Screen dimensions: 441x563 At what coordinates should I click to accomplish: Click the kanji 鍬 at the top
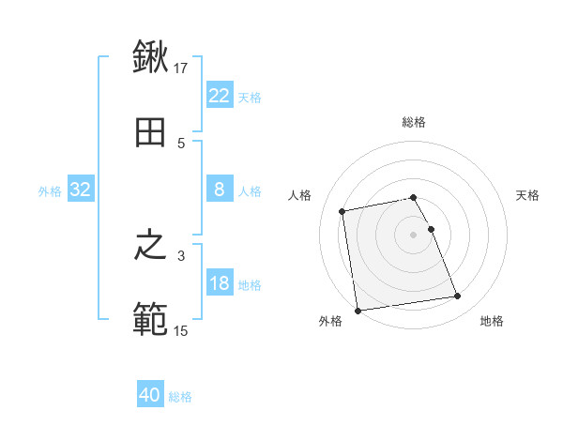pos(150,58)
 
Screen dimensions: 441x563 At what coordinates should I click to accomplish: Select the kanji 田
pos(150,132)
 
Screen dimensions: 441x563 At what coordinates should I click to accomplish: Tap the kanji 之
pos(150,247)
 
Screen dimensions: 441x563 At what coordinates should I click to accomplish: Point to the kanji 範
pos(150,319)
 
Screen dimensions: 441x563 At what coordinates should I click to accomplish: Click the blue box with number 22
pos(220,96)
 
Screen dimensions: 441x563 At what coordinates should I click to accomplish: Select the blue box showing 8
pos(220,190)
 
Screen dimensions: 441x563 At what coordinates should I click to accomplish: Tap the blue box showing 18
pos(220,283)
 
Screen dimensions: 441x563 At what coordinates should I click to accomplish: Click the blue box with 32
pos(81,190)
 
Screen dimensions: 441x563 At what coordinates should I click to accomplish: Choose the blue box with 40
pos(150,395)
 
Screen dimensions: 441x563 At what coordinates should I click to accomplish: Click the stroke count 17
pos(182,68)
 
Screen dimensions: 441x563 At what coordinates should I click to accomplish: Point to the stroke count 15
pos(181,329)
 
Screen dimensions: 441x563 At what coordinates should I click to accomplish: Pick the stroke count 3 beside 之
pos(181,255)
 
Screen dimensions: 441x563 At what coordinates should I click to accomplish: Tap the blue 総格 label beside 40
pos(180,397)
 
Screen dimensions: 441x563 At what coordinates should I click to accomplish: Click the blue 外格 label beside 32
pos(50,190)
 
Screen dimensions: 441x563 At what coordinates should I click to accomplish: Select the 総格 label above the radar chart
pos(414,122)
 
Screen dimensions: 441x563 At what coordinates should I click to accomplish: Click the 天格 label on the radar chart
pos(528,195)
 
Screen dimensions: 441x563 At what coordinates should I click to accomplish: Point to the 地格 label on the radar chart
pos(492,321)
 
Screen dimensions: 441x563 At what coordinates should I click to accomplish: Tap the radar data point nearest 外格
pos(357,310)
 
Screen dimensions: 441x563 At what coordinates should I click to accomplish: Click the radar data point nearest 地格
pos(457,297)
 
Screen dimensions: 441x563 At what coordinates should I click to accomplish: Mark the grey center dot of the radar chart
pos(414,235)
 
